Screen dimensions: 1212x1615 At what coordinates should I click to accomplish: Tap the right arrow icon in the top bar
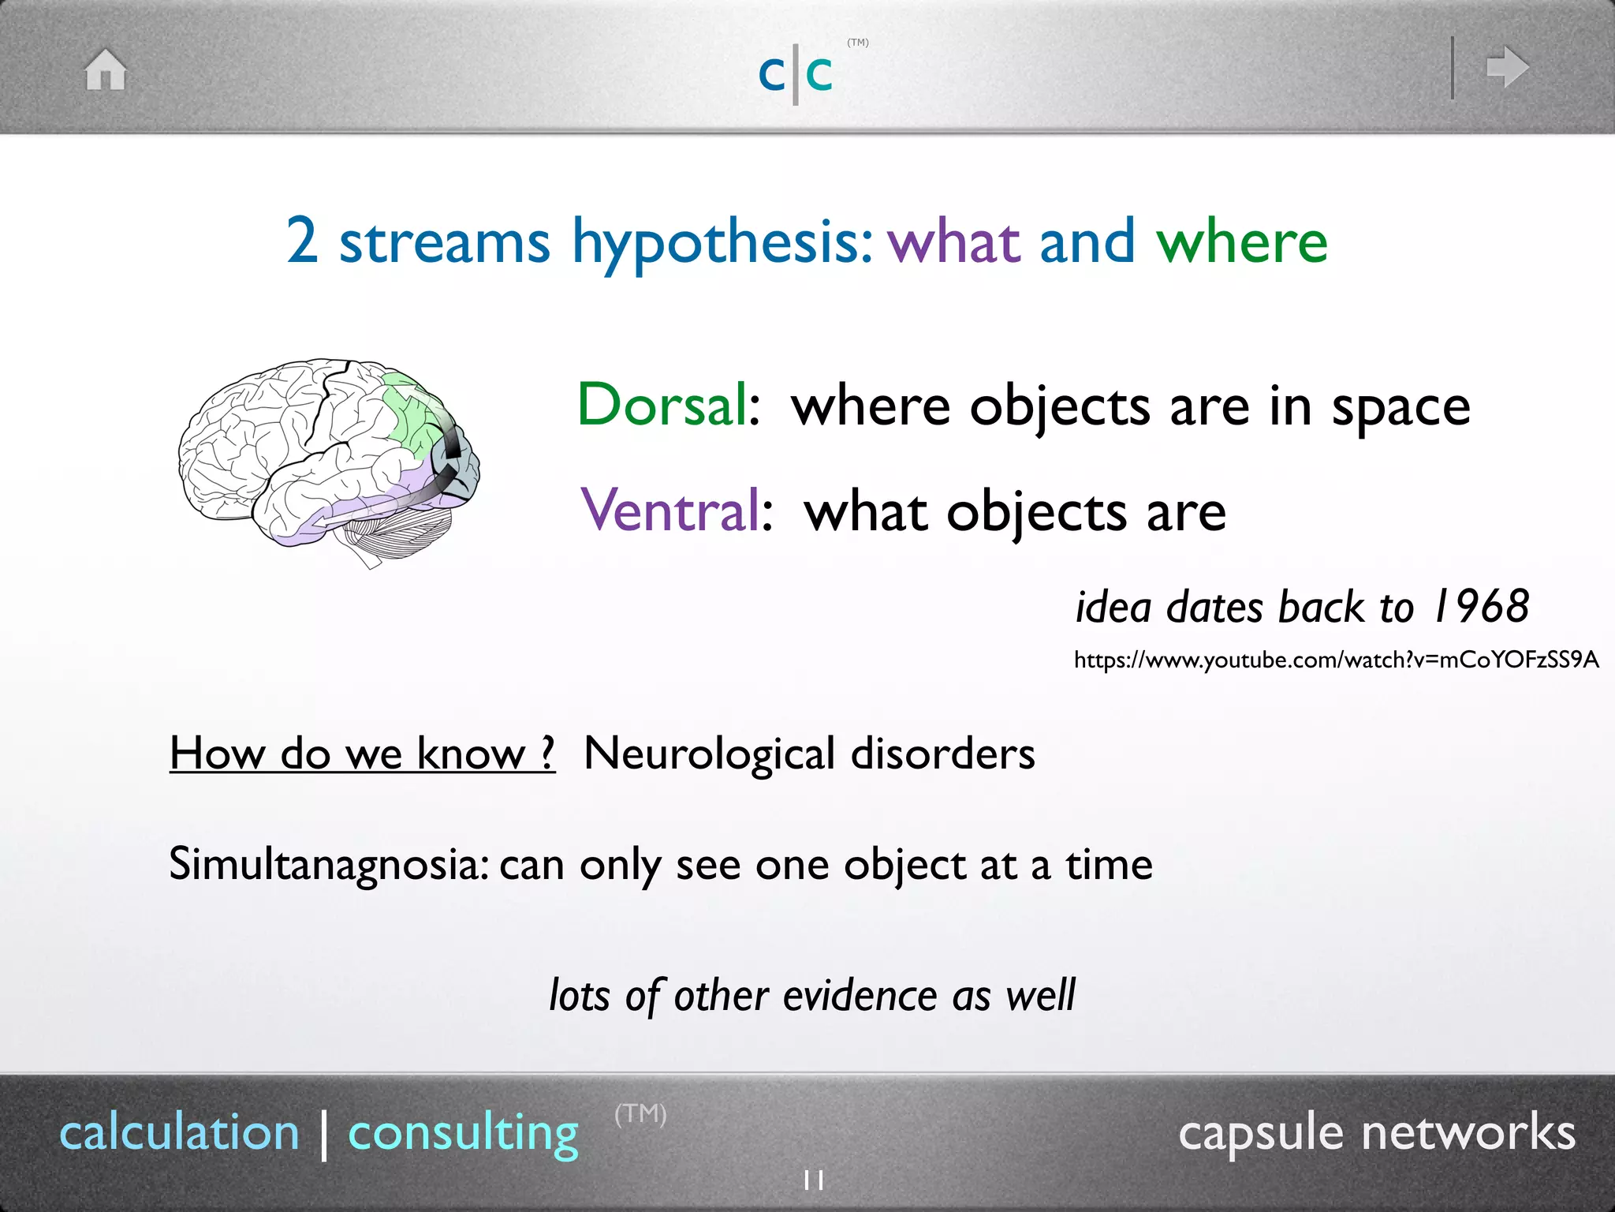(x=1507, y=67)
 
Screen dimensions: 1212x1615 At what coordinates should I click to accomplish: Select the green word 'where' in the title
(x=1242, y=241)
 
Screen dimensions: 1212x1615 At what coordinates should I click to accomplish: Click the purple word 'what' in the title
(x=954, y=241)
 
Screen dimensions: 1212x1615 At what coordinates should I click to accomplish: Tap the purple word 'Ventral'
(x=670, y=511)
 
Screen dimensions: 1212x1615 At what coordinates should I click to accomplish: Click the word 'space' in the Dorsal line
(x=1401, y=409)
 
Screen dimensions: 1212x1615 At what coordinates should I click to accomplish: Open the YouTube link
(x=1336, y=660)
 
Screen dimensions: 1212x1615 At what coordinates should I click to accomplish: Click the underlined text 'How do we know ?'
(x=362, y=754)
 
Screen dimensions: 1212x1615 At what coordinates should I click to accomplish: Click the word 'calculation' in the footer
(x=180, y=1133)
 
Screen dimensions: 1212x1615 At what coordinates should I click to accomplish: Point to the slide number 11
(x=813, y=1181)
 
